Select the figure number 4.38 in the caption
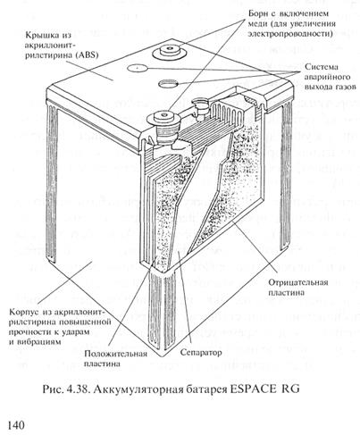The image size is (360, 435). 79,389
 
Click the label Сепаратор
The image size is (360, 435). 201,353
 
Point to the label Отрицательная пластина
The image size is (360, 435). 297,287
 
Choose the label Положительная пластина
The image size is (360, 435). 115,358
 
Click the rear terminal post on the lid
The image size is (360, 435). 170,51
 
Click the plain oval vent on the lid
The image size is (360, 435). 138,68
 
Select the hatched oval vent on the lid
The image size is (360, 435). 168,84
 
